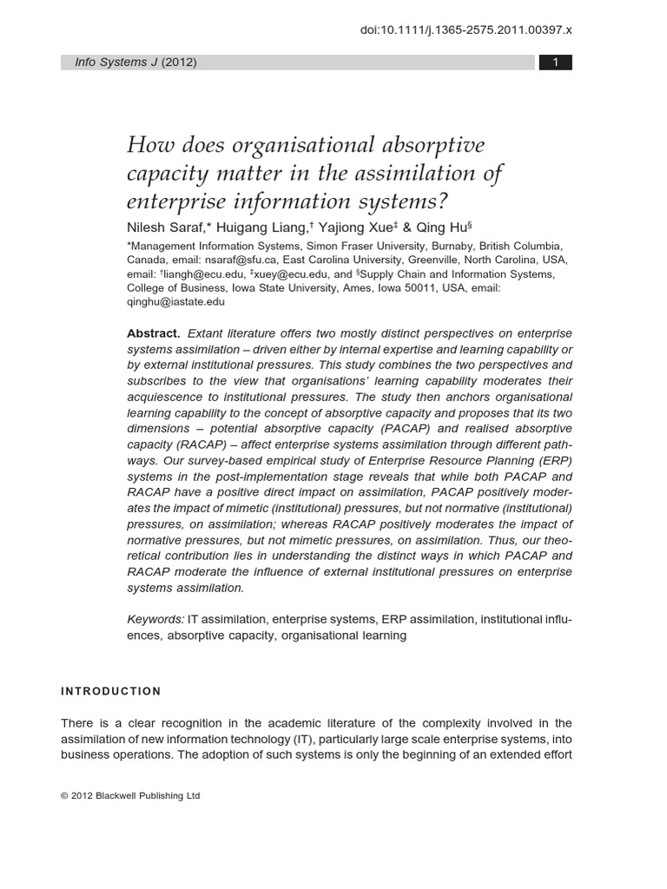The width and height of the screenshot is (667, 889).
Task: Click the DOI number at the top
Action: tap(466, 30)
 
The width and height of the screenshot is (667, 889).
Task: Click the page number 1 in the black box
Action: tap(555, 63)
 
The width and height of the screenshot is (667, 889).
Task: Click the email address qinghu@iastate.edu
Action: tap(176, 302)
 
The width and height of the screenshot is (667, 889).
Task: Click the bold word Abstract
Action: tap(154, 333)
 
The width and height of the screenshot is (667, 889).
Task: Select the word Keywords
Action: tap(155, 619)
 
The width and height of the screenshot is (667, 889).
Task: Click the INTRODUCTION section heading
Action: tap(111, 691)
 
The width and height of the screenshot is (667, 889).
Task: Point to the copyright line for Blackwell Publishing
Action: tap(130, 795)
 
